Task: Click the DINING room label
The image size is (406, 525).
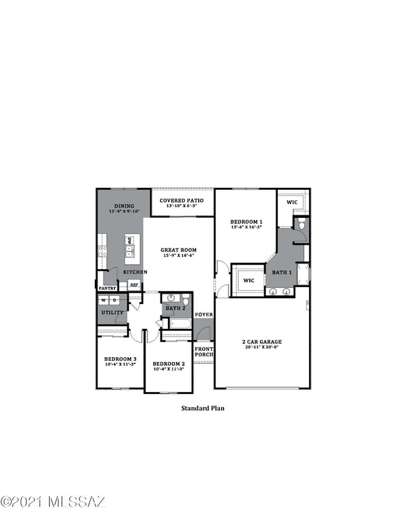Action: tap(124, 206)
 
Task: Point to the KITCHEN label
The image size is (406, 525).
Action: tap(135, 273)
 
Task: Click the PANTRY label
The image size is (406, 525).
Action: tap(108, 288)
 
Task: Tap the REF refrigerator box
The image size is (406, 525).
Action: tap(134, 285)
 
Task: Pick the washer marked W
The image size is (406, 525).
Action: tap(104, 300)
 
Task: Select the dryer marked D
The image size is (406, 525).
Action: tap(115, 300)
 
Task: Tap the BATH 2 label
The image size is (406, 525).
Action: tap(176, 308)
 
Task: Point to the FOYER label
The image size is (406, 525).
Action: tap(204, 314)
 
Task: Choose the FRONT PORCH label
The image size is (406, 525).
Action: tap(204, 351)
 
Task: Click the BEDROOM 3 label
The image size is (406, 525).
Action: tap(120, 359)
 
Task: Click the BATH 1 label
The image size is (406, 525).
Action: tap(280, 273)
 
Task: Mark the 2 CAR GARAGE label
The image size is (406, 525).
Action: tap(262, 341)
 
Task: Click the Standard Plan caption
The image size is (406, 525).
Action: tap(202, 409)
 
